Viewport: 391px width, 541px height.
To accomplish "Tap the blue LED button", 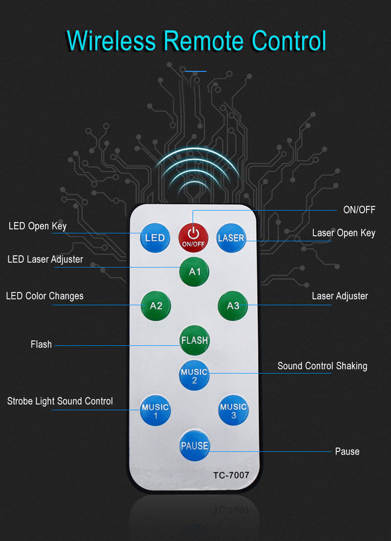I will tap(155, 238).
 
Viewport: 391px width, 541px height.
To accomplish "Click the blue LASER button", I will tap(231, 238).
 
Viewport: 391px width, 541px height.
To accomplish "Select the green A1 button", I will tap(194, 270).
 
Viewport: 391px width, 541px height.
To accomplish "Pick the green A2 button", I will tap(156, 306).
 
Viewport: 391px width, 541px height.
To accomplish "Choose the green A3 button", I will tap(233, 306).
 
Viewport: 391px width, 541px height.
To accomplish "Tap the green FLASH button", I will tap(194, 340).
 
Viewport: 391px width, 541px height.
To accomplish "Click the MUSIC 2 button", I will tap(194, 375).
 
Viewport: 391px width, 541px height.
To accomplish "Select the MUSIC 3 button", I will tap(233, 410).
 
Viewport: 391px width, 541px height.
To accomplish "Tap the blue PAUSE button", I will tap(194, 446).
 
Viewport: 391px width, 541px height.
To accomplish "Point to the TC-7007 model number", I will tap(231, 475).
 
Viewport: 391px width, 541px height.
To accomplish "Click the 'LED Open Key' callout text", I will tap(38, 226).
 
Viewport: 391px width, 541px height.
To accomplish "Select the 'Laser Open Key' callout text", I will tap(344, 233).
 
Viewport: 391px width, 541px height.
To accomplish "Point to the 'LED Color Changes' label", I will tap(44, 296).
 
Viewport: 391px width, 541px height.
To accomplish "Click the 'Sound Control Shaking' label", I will tap(322, 366).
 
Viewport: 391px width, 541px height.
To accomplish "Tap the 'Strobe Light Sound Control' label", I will tap(60, 401).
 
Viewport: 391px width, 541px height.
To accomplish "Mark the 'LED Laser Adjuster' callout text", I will tap(45, 259).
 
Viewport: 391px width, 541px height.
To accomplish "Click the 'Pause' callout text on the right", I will tap(347, 451).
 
